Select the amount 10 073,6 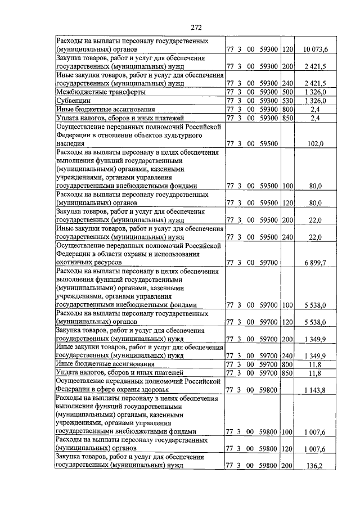pyautogui.click(x=316, y=50)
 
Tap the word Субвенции pyautogui.click(x=73, y=100)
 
